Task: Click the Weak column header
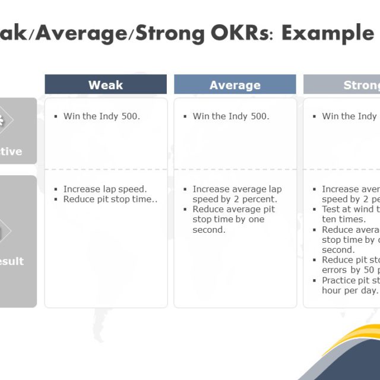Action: pos(106,84)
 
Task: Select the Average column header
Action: pos(235,84)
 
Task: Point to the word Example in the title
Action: pos(327,33)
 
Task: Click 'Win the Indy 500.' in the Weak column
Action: pos(102,116)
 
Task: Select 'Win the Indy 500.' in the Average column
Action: pos(230,116)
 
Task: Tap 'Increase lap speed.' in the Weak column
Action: pos(104,189)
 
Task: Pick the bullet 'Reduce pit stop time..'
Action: pos(110,199)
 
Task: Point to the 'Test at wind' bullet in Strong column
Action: pos(350,214)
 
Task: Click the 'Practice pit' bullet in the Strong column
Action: pos(350,285)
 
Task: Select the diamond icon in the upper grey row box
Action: pos(5,122)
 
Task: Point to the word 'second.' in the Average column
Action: pos(209,230)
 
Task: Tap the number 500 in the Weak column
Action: pos(130,116)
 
